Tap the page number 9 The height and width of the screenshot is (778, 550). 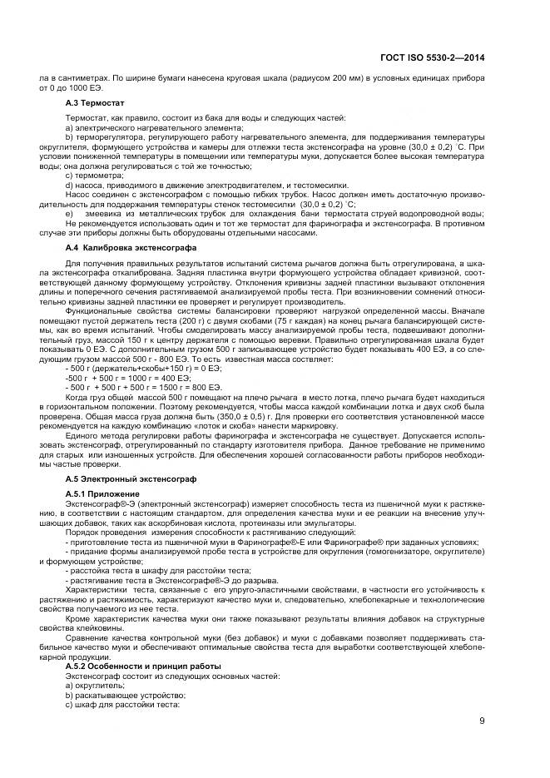pos(482,721)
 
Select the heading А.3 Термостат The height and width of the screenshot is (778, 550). pos(95,102)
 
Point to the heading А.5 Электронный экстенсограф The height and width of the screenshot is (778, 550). pos(123,478)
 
